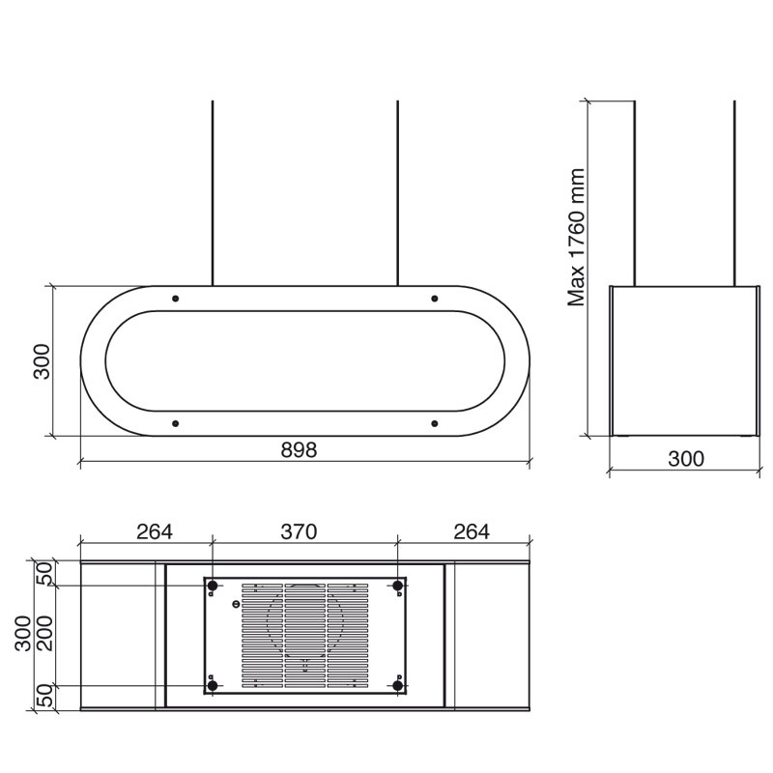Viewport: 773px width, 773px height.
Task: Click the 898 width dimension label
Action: (299, 450)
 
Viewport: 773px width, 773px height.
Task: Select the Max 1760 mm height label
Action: (576, 238)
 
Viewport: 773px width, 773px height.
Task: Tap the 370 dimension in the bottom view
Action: (299, 531)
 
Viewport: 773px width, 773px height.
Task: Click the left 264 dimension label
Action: (155, 531)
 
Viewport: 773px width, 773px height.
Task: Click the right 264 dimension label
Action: (472, 531)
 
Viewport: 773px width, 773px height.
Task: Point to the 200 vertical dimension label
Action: (45, 634)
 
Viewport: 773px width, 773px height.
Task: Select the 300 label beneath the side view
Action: (686, 459)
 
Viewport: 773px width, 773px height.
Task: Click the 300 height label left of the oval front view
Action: (42, 361)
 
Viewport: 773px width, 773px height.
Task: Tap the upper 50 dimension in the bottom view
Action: (45, 574)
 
